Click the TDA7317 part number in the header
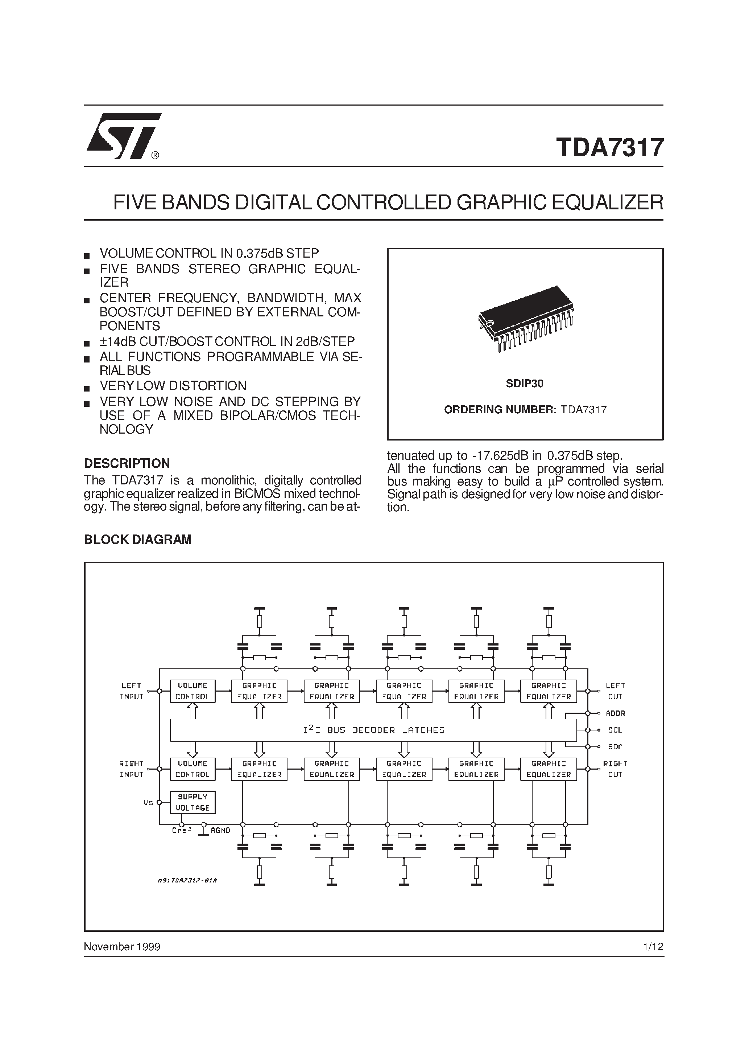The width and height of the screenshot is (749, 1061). coord(610,147)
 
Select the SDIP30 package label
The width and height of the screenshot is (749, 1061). coord(525,384)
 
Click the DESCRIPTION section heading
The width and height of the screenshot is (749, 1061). coord(127,463)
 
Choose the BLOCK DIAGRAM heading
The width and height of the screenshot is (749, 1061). coord(138,539)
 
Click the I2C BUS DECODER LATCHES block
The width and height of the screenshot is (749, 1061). coord(373,730)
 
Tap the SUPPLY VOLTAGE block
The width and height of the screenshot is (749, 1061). coord(193,802)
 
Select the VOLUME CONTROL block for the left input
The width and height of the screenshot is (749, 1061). coord(193,691)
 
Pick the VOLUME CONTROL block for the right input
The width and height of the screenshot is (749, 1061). coord(193,769)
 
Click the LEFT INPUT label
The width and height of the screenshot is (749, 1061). coord(132,691)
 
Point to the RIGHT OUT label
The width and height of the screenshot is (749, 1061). coord(615,769)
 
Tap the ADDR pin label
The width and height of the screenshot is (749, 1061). coord(616,713)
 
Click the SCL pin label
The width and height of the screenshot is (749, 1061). coord(615,730)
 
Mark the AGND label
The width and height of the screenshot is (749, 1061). coord(220,831)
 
